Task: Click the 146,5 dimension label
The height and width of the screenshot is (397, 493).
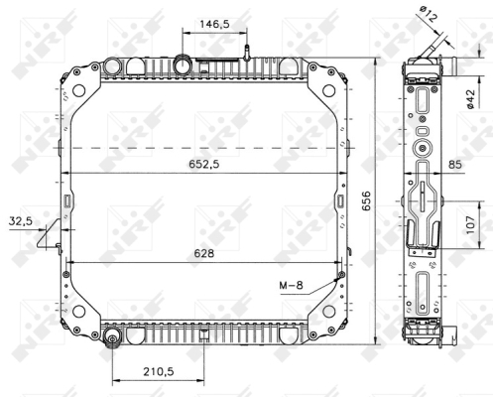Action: (x=214, y=24)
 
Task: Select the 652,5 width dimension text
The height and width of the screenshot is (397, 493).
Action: (x=204, y=164)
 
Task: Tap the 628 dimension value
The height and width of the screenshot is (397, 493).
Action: (x=204, y=253)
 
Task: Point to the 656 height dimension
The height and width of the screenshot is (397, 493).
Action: (x=366, y=200)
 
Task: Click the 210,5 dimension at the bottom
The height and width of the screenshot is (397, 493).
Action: (x=159, y=371)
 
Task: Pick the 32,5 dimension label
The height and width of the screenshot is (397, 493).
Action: (x=21, y=221)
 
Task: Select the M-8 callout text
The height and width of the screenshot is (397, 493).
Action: (x=291, y=285)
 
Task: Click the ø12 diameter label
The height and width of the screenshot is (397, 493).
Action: (x=429, y=14)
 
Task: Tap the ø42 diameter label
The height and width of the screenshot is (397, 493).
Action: (x=470, y=99)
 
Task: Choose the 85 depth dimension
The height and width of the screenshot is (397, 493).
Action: (x=455, y=165)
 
